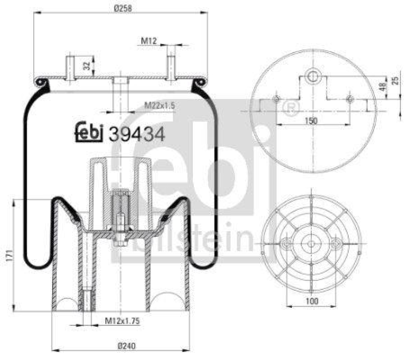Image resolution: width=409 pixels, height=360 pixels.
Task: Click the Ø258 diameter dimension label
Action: (121, 8)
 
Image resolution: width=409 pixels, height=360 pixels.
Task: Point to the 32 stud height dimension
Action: (86, 65)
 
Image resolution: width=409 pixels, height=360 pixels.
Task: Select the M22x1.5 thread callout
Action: (159, 105)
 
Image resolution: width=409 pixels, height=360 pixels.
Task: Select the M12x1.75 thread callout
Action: (123, 321)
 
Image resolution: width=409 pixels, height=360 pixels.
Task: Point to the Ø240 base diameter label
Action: (121, 346)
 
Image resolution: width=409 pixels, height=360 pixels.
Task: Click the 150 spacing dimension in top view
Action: (311, 121)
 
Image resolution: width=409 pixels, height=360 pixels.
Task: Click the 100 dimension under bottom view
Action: (310, 302)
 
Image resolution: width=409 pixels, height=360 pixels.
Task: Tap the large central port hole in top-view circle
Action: (312, 77)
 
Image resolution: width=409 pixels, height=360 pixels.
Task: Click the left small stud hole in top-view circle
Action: (277, 99)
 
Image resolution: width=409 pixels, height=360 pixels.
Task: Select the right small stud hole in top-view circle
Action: (349, 99)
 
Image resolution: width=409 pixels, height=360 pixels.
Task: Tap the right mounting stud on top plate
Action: (169, 65)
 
